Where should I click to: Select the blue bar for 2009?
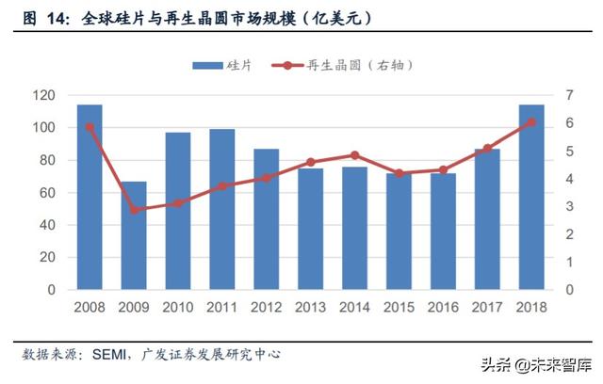[x=134, y=235]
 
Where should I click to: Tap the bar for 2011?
[x=222, y=210]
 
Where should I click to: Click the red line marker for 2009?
[x=134, y=209]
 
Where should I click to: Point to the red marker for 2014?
[x=354, y=155]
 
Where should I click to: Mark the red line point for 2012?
[x=266, y=178]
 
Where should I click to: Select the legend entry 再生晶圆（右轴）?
[x=344, y=65]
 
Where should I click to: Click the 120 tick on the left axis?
[x=42, y=95]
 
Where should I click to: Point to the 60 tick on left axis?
[x=45, y=193]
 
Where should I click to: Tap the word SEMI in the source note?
[x=111, y=354]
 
